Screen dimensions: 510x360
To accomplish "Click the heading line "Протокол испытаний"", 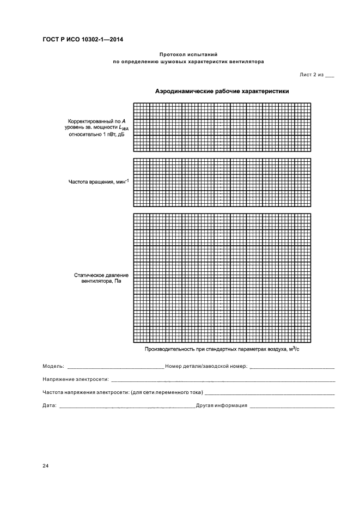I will [x=188, y=54].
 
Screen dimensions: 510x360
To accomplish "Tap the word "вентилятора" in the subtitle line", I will [x=247, y=62].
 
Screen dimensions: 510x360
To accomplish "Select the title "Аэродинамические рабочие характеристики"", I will [x=222, y=91].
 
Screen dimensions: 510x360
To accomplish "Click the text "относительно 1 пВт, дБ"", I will [x=96, y=134].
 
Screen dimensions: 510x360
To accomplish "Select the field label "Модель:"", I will [x=53, y=366].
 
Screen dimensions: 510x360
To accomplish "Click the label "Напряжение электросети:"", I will [x=76, y=379].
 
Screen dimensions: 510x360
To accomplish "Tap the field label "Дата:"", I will [x=49, y=405].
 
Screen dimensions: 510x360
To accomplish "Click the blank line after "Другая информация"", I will [x=291, y=407].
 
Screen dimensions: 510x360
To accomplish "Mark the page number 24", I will [x=45, y=466].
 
